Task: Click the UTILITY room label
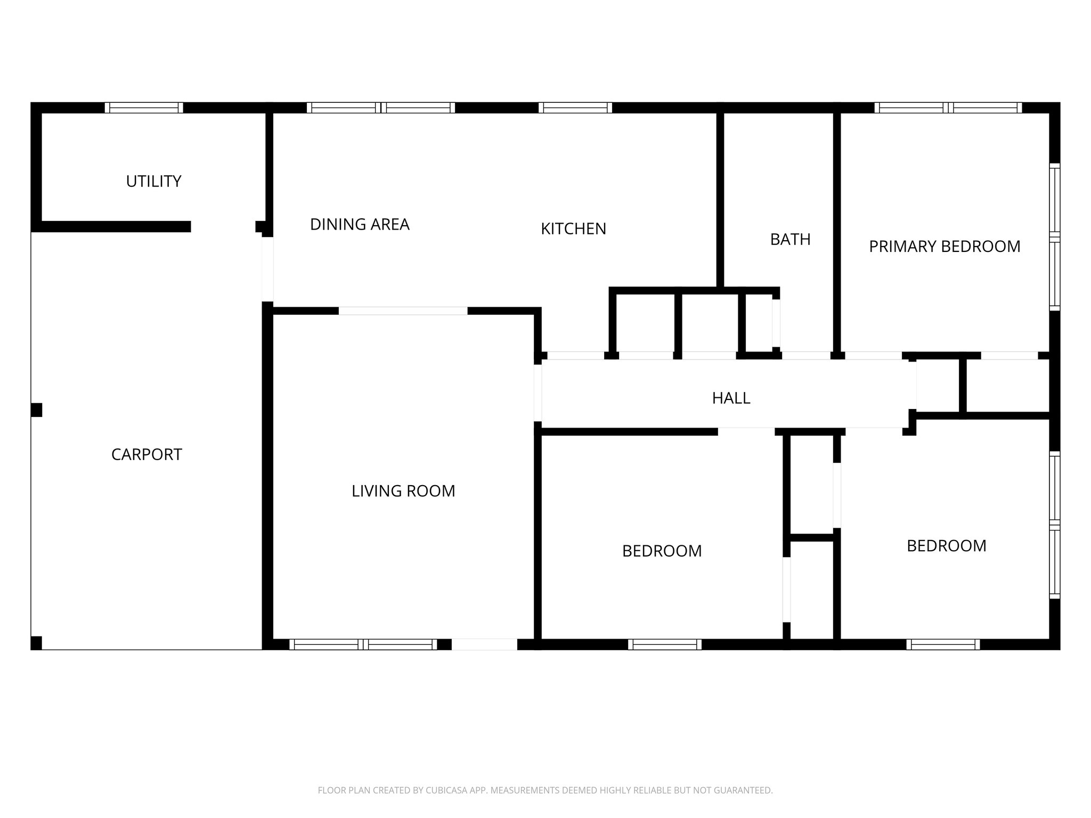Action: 153,182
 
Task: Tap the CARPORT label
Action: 146,454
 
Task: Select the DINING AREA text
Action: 360,225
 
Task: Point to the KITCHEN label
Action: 573,229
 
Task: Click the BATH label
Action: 790,240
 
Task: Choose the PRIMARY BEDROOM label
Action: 945,247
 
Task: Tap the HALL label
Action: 731,398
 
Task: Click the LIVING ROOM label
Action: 403,491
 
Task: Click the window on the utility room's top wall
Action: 144,108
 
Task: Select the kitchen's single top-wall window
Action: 575,108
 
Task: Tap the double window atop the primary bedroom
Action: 948,108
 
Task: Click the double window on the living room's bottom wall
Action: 363,644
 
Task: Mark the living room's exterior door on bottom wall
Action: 484,644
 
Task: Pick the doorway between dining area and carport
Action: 267,269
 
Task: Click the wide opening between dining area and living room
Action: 403,311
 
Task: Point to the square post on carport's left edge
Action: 36,410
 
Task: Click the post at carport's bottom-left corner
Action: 36,643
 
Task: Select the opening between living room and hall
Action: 538,392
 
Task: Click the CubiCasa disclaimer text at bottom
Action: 545,790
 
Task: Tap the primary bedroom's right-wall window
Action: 1055,237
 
